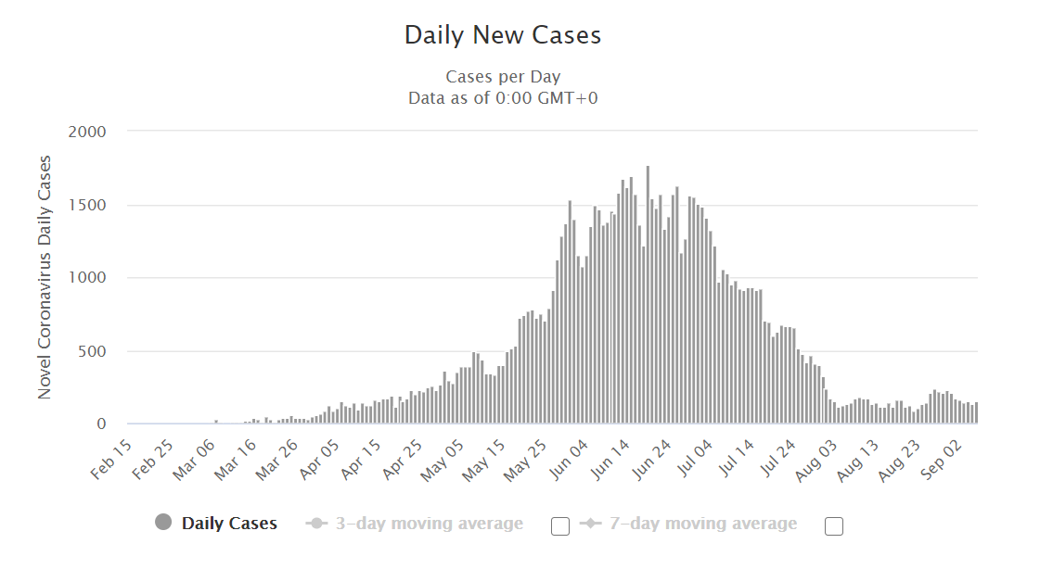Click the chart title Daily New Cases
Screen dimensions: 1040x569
point(503,36)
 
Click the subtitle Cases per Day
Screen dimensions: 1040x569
point(503,77)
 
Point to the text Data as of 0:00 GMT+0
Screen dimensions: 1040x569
point(503,98)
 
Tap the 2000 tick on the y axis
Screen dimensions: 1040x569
point(87,132)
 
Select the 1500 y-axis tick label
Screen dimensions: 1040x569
point(87,206)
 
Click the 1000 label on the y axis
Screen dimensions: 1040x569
point(87,278)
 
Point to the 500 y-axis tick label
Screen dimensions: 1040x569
point(92,352)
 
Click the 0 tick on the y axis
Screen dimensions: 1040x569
point(101,424)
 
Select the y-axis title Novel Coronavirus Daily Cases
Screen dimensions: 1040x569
point(45,277)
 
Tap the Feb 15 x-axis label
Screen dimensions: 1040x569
point(111,459)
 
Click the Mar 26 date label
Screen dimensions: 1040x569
point(276,459)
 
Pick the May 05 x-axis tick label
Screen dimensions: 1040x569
point(442,460)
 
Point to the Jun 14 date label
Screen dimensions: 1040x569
point(610,459)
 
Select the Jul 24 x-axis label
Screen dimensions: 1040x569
point(777,459)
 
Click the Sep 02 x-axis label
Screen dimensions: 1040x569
point(941,459)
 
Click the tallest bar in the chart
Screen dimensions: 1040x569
point(648,295)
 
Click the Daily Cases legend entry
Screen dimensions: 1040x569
point(229,524)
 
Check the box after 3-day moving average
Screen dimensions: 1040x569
point(560,526)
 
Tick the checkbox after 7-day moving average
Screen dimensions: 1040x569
point(834,526)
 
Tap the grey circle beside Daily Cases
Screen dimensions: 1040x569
point(163,523)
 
